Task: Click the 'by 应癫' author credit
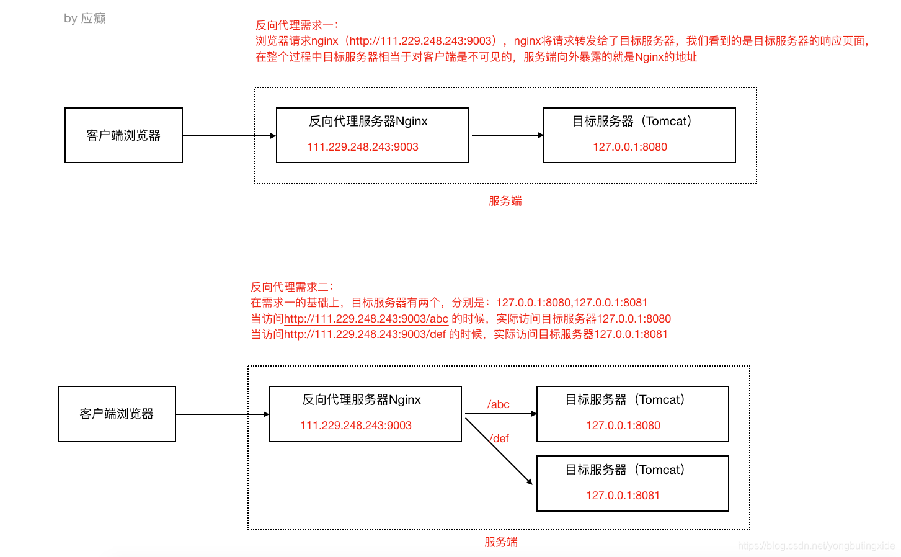point(84,19)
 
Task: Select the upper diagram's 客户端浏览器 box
point(123,135)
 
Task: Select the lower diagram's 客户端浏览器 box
point(117,414)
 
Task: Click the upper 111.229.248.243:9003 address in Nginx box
point(363,147)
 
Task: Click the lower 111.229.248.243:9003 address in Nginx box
point(356,426)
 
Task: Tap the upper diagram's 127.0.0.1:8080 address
point(630,147)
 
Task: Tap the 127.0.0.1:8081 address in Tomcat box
point(623,496)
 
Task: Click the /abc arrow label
point(499,404)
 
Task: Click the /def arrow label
point(500,439)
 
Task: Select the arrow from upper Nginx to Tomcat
point(507,135)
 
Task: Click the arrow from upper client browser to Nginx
point(229,136)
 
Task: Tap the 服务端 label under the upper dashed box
point(505,201)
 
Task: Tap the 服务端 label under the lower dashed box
point(500,542)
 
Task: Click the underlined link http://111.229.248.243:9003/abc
point(366,319)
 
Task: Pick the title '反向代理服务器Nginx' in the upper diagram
point(368,121)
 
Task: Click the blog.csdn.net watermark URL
point(816,546)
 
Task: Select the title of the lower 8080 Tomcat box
point(625,399)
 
